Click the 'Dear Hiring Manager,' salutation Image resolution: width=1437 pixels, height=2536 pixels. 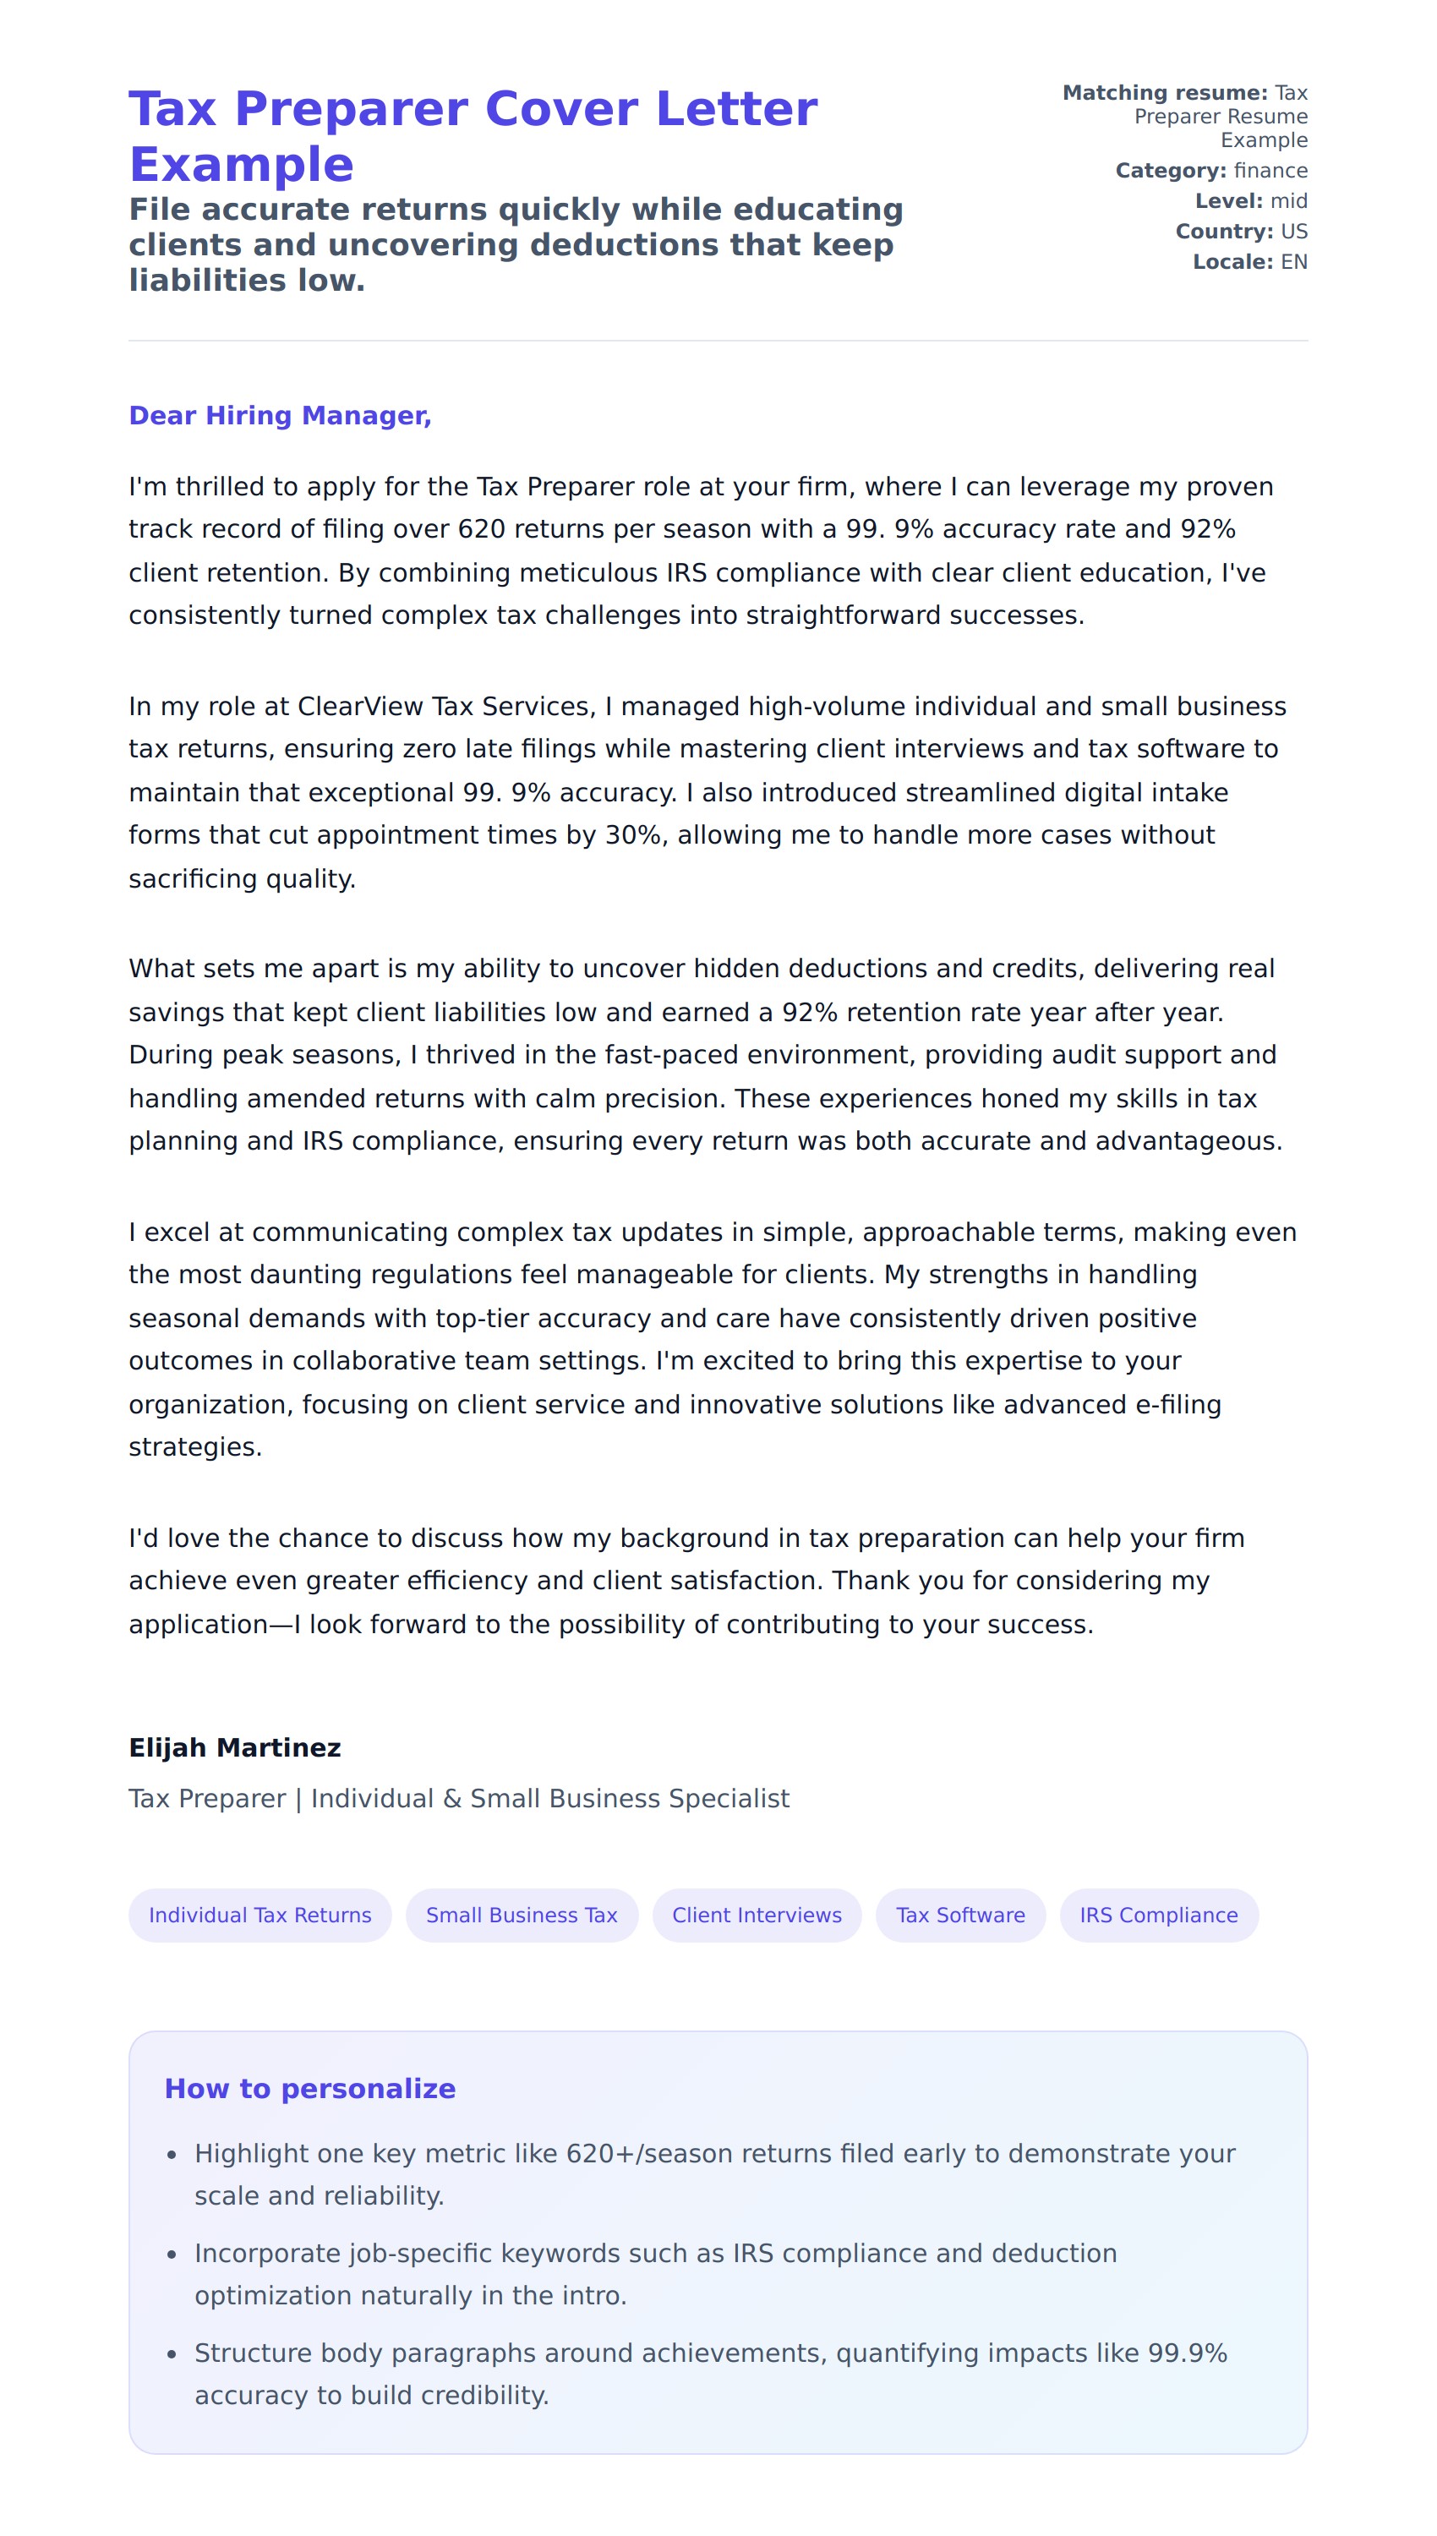(x=281, y=415)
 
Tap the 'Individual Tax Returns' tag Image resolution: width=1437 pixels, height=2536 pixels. (x=260, y=1915)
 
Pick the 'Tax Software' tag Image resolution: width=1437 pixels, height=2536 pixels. (x=959, y=1915)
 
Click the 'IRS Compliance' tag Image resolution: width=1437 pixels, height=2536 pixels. (x=1158, y=1915)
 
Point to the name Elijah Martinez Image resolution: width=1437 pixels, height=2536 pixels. (x=235, y=1747)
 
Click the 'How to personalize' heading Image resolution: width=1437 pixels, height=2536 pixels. (x=310, y=2088)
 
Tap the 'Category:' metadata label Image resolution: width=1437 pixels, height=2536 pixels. (x=1171, y=171)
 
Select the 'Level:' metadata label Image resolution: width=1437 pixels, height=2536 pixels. (x=1229, y=201)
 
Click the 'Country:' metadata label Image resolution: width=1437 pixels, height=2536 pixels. (x=1224, y=232)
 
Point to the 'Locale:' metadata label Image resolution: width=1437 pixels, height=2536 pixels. (x=1232, y=263)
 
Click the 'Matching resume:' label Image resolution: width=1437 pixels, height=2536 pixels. (x=1165, y=93)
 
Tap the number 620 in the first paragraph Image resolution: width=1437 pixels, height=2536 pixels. (x=482, y=530)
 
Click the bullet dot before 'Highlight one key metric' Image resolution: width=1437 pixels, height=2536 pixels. (x=172, y=2155)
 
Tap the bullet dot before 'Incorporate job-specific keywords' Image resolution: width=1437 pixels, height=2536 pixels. (x=172, y=2255)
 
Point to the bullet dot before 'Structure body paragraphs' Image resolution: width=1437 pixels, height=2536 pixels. (x=172, y=2354)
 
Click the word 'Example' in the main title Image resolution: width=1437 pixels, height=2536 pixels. (x=242, y=164)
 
